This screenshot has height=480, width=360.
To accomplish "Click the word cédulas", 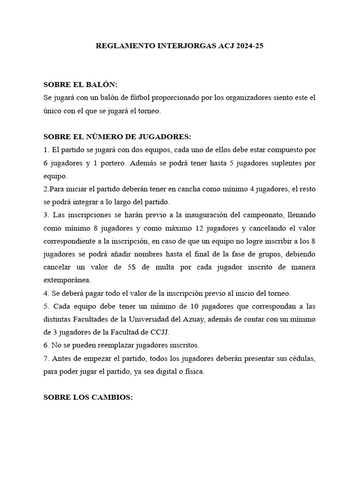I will [298, 359].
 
